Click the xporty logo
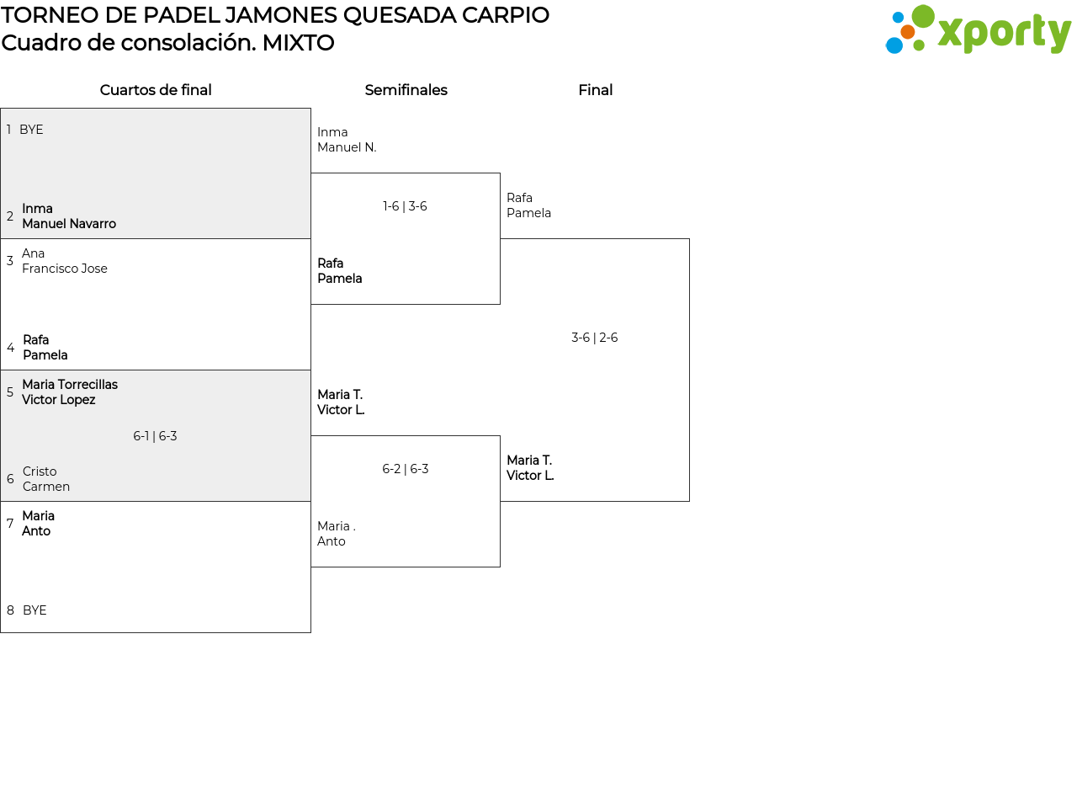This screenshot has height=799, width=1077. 978,30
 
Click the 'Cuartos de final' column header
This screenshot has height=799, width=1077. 156,90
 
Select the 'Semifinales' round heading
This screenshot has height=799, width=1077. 406,90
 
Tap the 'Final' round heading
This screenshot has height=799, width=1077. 595,90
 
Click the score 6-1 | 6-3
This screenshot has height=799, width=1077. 155,436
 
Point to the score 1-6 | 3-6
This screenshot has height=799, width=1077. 405,206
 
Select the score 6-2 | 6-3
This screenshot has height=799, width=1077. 405,469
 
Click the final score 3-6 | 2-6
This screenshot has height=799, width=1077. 594,338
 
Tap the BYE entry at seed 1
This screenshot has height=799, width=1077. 31,130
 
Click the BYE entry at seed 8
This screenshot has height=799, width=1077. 34,610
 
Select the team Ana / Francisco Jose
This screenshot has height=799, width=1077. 65,261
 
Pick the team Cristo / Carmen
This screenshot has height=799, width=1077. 46,479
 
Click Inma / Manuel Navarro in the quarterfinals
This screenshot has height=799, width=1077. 69,216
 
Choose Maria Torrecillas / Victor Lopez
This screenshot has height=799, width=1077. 70,392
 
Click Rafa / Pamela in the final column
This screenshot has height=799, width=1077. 528,205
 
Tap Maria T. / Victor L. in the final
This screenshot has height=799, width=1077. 530,468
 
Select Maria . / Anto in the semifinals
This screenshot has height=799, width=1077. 336,534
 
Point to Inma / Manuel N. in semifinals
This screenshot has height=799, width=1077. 347,140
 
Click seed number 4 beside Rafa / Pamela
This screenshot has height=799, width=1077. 10,348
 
